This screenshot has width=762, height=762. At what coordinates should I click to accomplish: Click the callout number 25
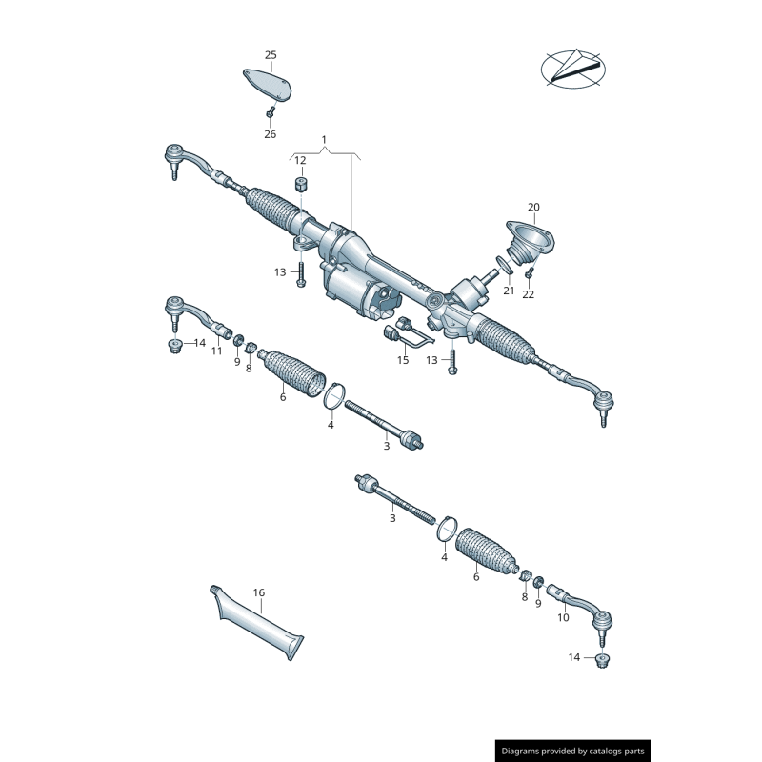(271, 55)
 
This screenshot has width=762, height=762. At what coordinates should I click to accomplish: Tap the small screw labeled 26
(270, 113)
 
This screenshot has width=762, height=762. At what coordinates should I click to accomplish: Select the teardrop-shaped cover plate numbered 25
(268, 85)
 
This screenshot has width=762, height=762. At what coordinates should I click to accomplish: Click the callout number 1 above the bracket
(324, 140)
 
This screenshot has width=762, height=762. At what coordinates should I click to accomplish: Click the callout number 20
(533, 207)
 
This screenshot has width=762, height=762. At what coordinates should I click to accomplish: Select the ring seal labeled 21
(504, 265)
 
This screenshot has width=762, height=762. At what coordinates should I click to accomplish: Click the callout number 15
(403, 360)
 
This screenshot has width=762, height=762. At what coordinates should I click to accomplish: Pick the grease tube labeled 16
(257, 623)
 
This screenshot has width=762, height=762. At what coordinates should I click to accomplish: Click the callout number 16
(259, 592)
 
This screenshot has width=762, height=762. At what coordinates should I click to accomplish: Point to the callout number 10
(563, 617)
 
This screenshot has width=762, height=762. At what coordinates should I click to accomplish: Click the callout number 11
(217, 351)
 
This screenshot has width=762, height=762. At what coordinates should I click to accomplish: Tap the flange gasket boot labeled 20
(530, 242)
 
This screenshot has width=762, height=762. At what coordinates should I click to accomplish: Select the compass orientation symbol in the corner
(573, 69)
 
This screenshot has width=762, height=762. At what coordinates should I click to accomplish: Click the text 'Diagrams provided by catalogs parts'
(573, 751)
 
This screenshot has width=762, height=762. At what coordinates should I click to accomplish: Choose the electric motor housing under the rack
(357, 291)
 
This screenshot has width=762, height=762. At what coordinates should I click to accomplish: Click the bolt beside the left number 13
(300, 274)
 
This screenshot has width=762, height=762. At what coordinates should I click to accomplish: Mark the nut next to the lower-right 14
(603, 661)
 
